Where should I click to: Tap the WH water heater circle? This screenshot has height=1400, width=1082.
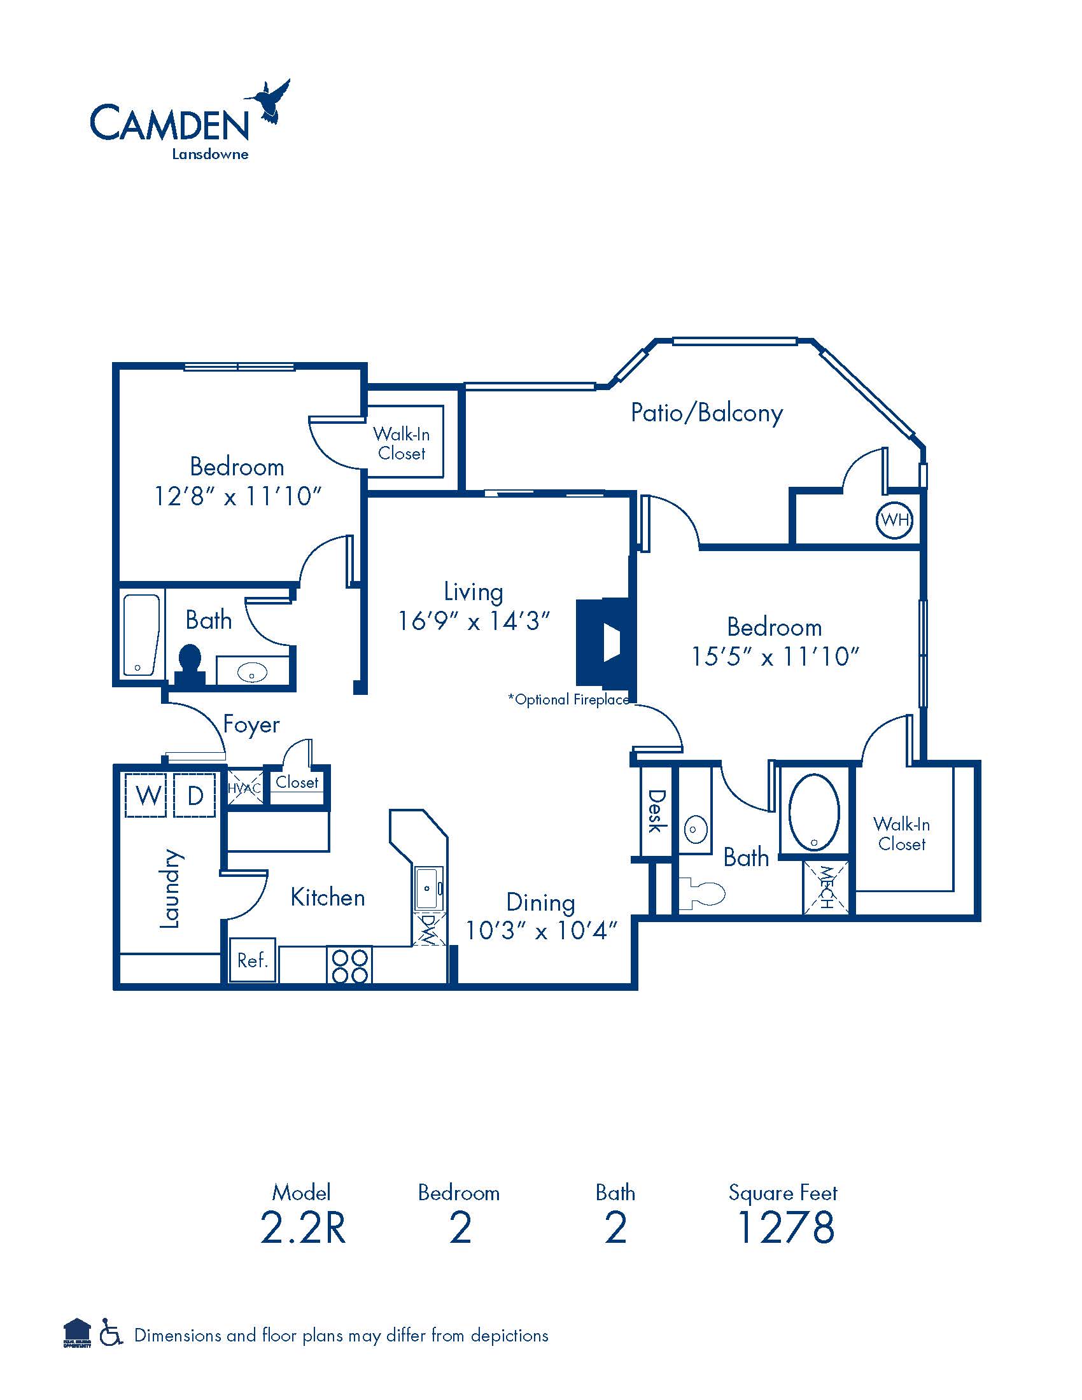tap(894, 519)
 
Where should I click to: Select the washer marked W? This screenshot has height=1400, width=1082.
tap(148, 795)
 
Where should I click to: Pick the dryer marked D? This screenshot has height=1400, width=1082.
tap(195, 795)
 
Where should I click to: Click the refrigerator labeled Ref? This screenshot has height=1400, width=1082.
tap(253, 960)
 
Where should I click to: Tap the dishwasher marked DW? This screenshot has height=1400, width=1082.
tap(428, 928)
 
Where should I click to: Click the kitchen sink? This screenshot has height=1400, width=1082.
tap(428, 888)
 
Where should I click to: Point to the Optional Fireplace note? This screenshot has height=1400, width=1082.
tap(569, 699)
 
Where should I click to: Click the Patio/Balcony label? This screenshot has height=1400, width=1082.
tap(706, 413)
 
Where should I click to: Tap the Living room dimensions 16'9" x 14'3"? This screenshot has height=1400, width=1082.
tap(474, 620)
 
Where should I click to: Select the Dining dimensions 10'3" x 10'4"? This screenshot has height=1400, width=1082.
tap(541, 930)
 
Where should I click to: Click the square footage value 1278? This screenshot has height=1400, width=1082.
tap(785, 1227)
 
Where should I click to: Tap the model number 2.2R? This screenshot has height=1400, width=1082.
tap(302, 1227)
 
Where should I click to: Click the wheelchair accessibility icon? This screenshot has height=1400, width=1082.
tap(111, 1335)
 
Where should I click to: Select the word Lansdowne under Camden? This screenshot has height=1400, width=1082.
tap(209, 154)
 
